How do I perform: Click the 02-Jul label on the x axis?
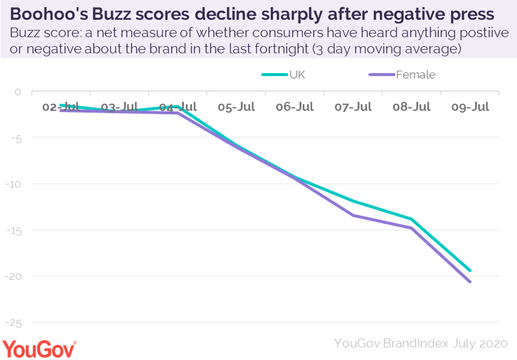pyautogui.click(x=61, y=107)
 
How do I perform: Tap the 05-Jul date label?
pyautogui.click(x=236, y=107)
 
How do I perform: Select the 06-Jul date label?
pyautogui.click(x=295, y=107)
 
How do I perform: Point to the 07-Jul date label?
pyautogui.click(x=353, y=107)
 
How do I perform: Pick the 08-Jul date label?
pyautogui.click(x=412, y=107)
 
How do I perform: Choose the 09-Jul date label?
pyautogui.click(x=470, y=107)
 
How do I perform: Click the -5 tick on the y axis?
pyautogui.click(x=17, y=138)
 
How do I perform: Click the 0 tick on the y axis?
pyautogui.click(x=18, y=92)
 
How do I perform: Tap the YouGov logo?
pyautogui.click(x=40, y=348)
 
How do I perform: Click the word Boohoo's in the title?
pyautogui.click(x=49, y=14)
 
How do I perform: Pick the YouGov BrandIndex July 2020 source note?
pyautogui.click(x=421, y=343)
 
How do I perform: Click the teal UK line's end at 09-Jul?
pyautogui.click(x=470, y=270)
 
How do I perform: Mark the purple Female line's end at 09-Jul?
pyautogui.click(x=470, y=282)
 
